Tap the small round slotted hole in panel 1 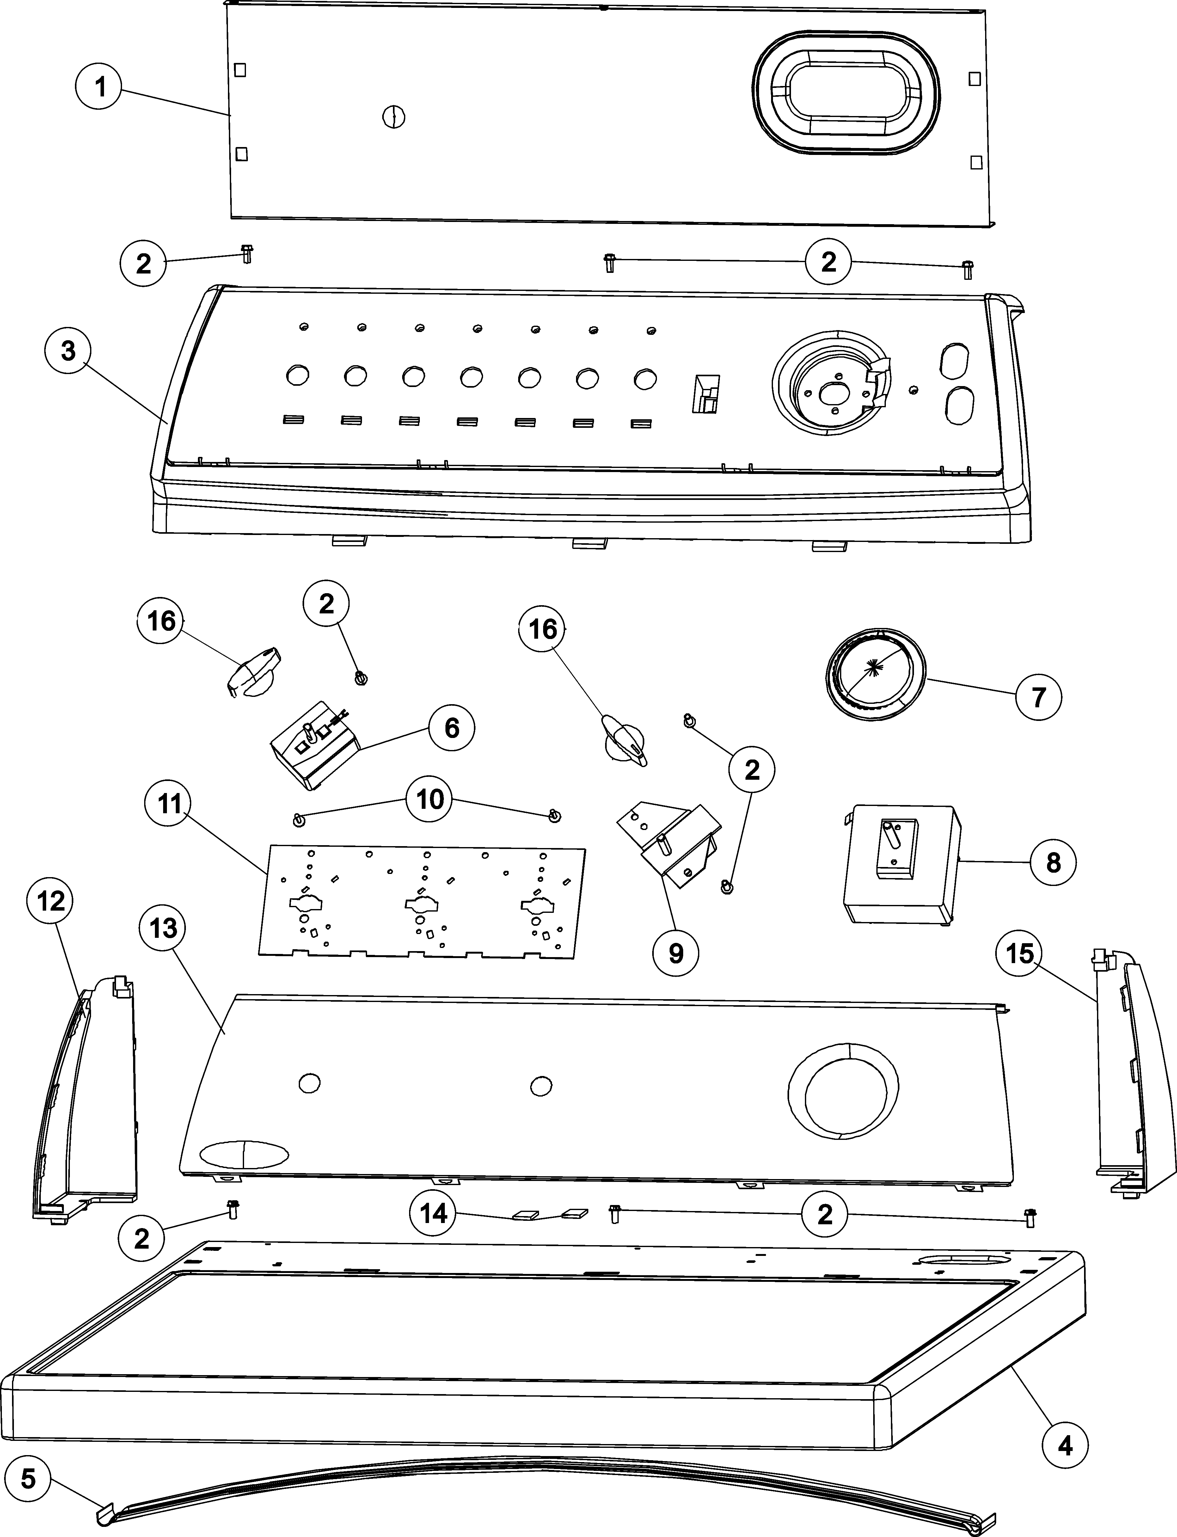pos(395,116)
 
